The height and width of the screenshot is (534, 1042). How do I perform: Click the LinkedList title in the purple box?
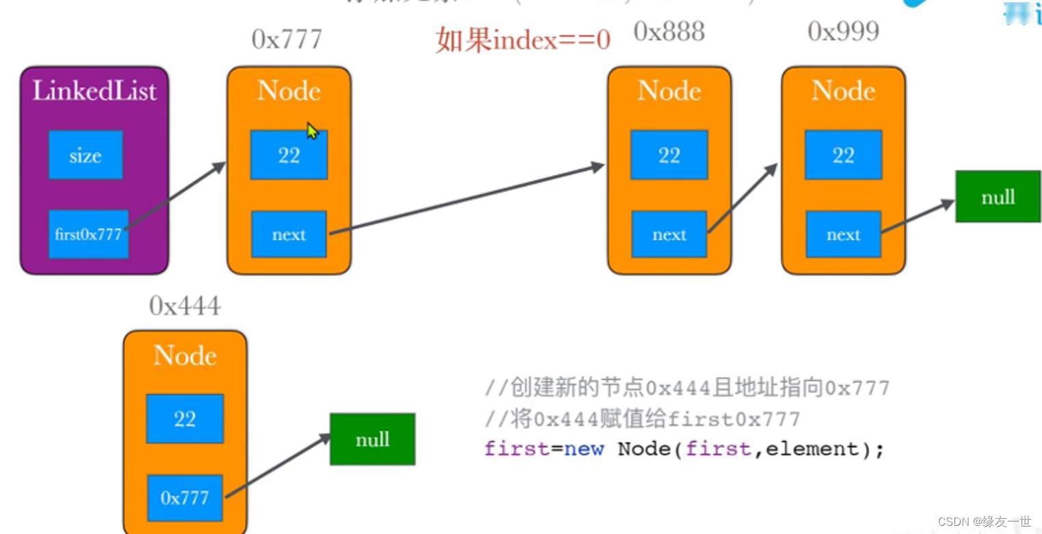[x=94, y=91]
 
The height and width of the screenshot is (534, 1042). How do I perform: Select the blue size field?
[x=85, y=155]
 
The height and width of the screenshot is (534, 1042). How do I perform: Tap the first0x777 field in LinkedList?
[x=88, y=235]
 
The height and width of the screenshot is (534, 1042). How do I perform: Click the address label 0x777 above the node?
[x=287, y=40]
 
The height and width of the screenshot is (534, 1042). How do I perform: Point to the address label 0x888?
[x=669, y=31]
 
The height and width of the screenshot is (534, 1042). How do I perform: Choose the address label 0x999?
[x=843, y=31]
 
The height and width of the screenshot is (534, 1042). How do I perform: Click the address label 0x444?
[x=185, y=306]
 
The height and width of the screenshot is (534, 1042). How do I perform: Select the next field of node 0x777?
[x=289, y=235]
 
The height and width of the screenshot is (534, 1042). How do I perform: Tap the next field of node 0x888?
[x=669, y=235]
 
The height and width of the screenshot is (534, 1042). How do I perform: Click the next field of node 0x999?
[x=843, y=235]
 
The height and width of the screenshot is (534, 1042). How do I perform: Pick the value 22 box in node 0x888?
[x=669, y=155]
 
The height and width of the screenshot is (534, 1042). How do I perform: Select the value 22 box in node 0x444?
[x=185, y=418]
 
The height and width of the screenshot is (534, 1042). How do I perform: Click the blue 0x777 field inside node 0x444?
[x=185, y=498]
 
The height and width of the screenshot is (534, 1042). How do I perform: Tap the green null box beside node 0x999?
[x=998, y=198]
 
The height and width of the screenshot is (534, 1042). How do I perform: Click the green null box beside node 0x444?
[x=372, y=439]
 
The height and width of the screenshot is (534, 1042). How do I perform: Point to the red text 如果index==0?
[x=523, y=41]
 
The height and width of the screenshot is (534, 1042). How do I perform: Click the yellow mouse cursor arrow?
[x=312, y=131]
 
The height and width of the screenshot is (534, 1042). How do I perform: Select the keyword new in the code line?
[x=583, y=449]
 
